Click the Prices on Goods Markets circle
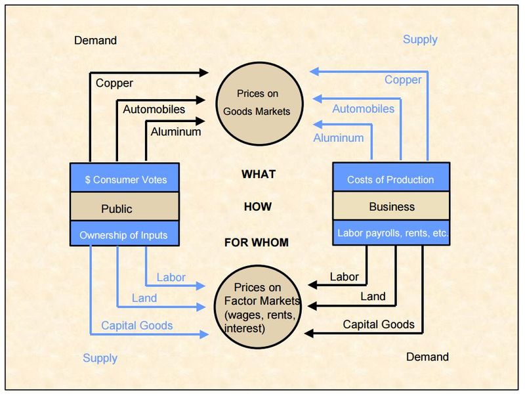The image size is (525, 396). (x=257, y=103)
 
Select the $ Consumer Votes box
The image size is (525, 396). (x=125, y=179)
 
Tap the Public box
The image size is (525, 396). (x=125, y=209)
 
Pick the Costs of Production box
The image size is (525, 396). (x=391, y=179)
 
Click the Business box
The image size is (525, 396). (x=391, y=206)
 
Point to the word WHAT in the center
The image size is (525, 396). (x=259, y=174)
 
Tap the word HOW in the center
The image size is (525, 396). (x=257, y=206)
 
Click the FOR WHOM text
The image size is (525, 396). (x=256, y=242)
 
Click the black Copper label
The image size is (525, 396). (x=114, y=83)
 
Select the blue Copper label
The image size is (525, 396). (x=403, y=79)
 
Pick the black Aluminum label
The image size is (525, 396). (x=176, y=131)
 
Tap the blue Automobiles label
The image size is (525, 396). (x=364, y=108)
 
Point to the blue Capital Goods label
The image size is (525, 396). (x=136, y=325)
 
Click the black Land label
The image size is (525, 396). (x=373, y=296)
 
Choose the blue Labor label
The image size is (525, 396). (x=171, y=277)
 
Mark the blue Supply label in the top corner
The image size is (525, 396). (x=420, y=39)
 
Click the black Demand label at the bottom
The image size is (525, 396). (x=428, y=357)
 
